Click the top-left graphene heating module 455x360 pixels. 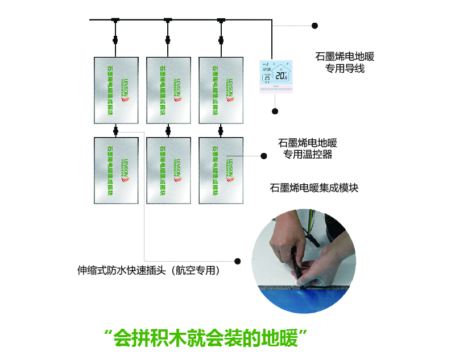(x=117, y=90)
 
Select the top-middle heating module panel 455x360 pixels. (x=169, y=90)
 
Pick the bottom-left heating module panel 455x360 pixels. (x=117, y=170)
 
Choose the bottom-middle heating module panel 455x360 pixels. (x=169, y=170)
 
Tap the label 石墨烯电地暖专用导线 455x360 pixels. (x=345, y=63)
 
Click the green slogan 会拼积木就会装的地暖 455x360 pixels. (x=207, y=337)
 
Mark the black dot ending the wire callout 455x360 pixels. (x=315, y=26)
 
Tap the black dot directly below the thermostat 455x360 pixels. (x=275, y=111)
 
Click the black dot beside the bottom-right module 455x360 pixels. (x=264, y=156)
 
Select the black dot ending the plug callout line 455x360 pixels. (x=238, y=261)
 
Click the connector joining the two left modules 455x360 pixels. (x=116, y=131)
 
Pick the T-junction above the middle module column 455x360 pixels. (x=168, y=21)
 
